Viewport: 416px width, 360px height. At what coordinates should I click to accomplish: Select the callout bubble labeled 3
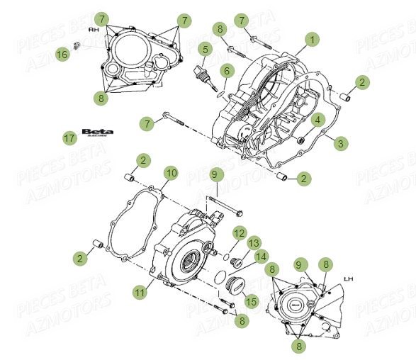341,143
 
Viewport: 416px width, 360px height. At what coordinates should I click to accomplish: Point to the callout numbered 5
205,49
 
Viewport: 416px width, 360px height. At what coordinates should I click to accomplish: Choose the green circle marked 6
226,70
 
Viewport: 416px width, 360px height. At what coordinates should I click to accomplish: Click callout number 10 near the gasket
171,172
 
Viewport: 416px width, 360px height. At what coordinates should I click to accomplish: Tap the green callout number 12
239,232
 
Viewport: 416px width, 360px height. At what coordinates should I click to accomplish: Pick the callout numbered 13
254,244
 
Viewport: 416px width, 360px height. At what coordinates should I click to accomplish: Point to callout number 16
62,54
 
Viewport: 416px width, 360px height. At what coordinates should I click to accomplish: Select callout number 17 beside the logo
69,137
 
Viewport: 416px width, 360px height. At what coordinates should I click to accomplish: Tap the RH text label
94,31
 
